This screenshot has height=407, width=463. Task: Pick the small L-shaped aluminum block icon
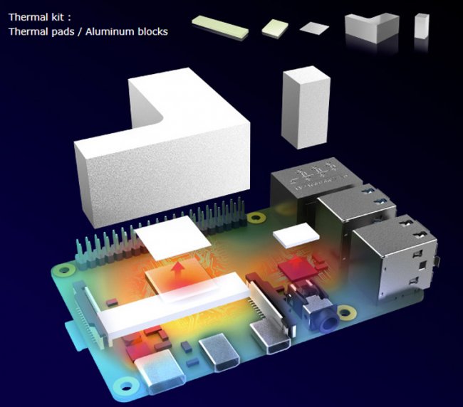372,28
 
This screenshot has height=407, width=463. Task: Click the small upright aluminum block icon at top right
422,26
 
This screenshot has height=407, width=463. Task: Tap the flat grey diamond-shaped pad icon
314,28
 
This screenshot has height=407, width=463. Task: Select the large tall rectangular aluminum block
306,107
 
